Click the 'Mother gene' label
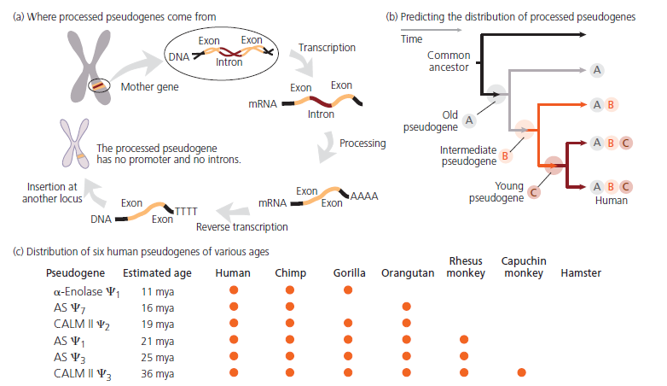[151, 86]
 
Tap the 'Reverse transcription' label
[242, 227]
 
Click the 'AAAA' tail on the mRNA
[364, 196]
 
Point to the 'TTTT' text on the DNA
[186, 209]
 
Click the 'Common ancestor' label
[448, 61]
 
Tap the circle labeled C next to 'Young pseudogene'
[534, 192]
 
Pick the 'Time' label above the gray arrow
[411, 39]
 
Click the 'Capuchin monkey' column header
[523, 266]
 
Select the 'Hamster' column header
[581, 273]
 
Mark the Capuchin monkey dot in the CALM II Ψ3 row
[521, 372]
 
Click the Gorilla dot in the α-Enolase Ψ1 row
[348, 291]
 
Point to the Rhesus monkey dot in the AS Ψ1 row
[463, 340]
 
